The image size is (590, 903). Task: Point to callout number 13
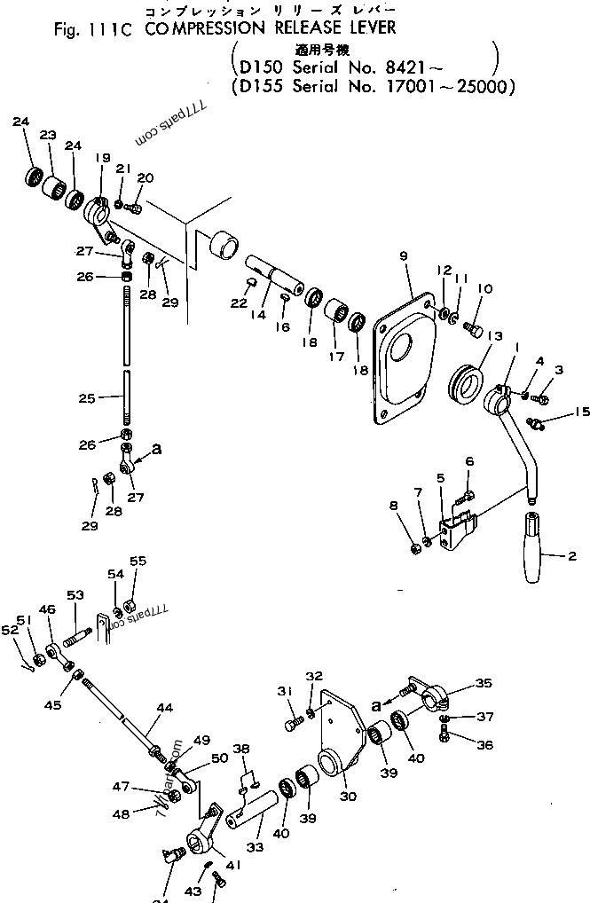(x=494, y=335)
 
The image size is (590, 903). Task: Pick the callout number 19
(x=102, y=158)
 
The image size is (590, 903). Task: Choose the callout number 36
(x=484, y=745)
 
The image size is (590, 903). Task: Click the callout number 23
(x=48, y=135)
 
